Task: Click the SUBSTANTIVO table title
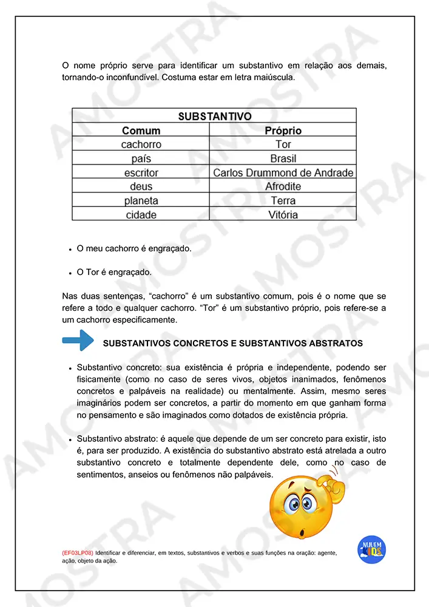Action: tap(214, 116)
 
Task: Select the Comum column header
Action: tap(141, 131)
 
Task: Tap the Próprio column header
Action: tap(283, 131)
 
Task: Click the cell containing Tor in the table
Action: tap(283, 144)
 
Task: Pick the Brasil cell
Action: tap(283, 158)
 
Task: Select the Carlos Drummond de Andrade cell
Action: tap(283, 173)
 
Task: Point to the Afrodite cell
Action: tap(283, 187)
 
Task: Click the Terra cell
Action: tap(283, 201)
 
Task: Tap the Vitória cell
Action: tap(283, 215)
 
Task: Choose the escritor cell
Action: tap(141, 173)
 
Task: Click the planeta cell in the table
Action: tap(141, 201)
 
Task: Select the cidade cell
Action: tap(141, 215)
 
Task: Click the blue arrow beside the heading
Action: tap(78, 341)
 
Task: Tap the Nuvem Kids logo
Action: tap(372, 550)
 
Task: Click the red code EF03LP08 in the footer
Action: tap(77, 554)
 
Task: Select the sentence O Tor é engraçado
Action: tap(114, 273)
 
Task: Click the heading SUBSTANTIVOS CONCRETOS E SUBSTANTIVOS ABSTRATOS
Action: tap(233, 344)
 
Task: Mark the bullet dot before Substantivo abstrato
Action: tap(70, 439)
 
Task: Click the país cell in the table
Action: tap(141, 158)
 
